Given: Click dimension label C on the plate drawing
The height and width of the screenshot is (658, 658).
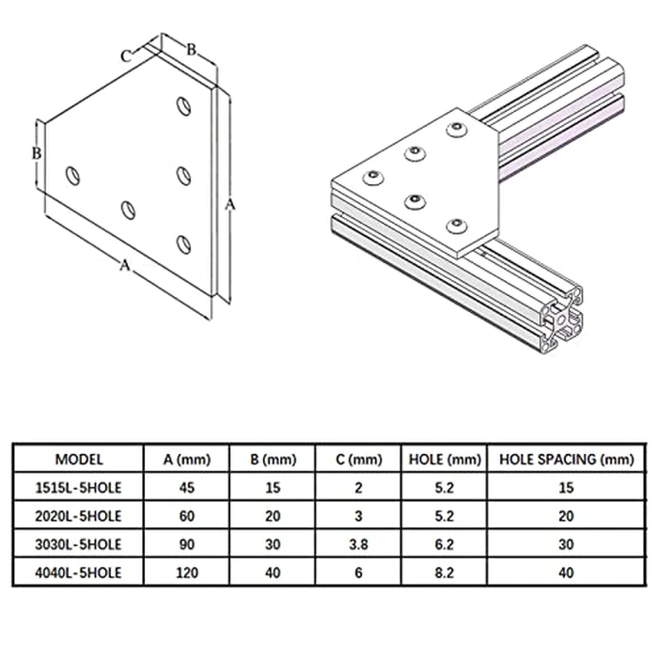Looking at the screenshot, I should point(125,55).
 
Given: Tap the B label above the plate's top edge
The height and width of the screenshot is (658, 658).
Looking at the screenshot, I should point(189,50).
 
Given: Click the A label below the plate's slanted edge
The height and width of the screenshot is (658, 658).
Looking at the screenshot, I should point(123,266).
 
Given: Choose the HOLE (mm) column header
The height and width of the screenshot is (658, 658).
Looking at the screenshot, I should point(443,460).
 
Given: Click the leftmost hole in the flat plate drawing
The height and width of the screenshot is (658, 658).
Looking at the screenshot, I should point(71,174).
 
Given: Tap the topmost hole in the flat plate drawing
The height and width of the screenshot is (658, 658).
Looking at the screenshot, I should point(184,104).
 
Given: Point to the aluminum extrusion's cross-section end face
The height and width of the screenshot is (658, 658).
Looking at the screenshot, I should point(562,321).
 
